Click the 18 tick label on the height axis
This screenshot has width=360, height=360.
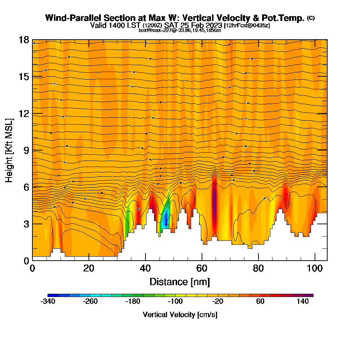point(23,40)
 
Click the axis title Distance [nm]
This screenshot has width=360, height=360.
point(180,282)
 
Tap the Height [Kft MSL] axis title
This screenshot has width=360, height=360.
point(9,150)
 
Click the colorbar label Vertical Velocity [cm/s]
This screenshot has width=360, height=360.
point(180,315)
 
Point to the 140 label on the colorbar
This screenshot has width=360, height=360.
point(303,302)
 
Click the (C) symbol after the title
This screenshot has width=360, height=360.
point(311,18)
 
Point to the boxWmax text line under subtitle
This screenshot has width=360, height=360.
point(180,30)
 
